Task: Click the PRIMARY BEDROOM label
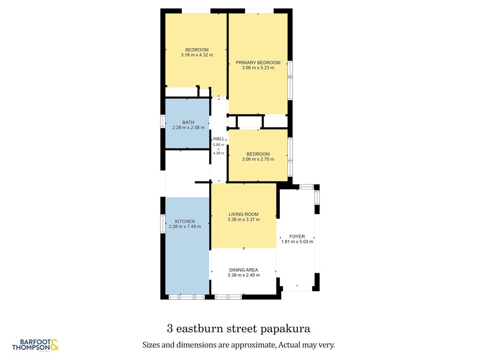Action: pos(258,63)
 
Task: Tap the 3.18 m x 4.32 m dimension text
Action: pos(197,55)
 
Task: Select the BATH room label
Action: pos(188,122)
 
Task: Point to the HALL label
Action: pos(219,139)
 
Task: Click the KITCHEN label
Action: pos(185,221)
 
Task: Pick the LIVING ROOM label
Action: pos(244,214)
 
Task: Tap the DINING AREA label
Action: pos(244,270)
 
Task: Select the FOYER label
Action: pos(297,236)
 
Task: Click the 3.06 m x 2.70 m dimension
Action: pos(258,159)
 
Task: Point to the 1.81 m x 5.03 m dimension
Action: pos(297,242)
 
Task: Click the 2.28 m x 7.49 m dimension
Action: pos(185,226)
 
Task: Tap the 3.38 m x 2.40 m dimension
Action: pos(244,275)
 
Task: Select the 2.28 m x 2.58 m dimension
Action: pos(188,127)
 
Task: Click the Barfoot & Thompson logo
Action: pos(35,345)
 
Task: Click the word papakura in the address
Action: pos(285,329)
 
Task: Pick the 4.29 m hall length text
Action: pos(219,153)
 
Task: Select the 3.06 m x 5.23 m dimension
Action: pos(258,67)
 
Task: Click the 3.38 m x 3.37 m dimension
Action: pos(244,220)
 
